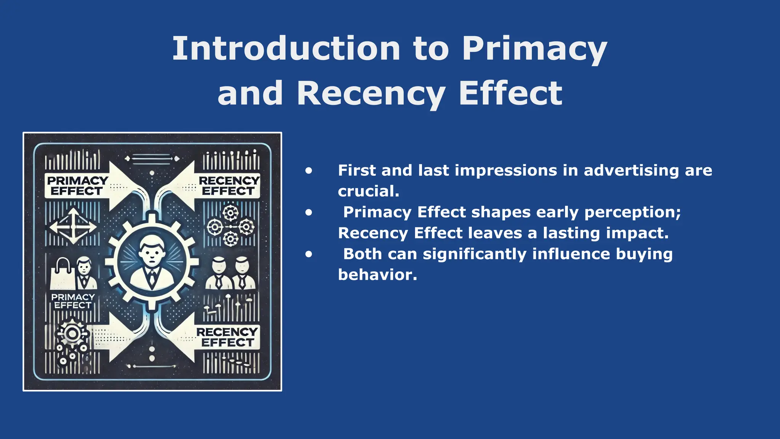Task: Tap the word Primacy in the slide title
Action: pos(534,50)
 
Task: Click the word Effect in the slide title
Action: pos(510,94)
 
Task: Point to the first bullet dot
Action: pos(308,171)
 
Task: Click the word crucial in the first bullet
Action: pos(368,191)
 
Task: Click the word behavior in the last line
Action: pos(377,275)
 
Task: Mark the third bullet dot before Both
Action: pos(308,254)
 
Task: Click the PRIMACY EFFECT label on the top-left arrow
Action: pos(77,186)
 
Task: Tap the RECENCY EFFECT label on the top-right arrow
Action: pos(229,186)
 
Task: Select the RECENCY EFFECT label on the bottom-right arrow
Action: pos(227,337)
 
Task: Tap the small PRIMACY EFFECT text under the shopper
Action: pos(73,301)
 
